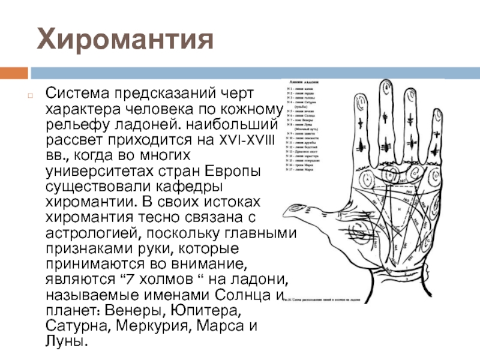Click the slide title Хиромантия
click(x=125, y=39)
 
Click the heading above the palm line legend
click(x=303, y=80)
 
